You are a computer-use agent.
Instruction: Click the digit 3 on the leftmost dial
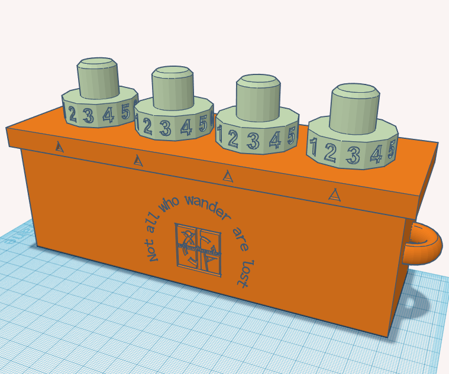(x=89, y=116)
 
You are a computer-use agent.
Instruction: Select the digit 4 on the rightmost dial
(x=375, y=154)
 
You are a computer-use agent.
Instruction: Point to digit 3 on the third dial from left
(x=253, y=141)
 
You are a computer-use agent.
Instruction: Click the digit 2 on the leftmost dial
(x=72, y=115)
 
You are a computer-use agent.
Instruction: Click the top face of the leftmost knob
(x=98, y=63)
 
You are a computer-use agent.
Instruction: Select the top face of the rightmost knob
(x=355, y=90)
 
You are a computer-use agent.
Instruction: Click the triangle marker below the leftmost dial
(x=59, y=147)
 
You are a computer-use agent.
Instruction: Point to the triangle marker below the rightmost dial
(x=335, y=194)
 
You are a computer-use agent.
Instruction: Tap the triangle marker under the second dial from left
(x=138, y=160)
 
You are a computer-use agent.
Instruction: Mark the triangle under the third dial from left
(x=227, y=175)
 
